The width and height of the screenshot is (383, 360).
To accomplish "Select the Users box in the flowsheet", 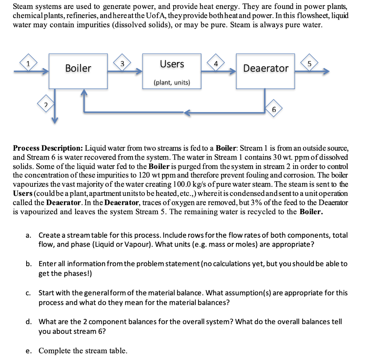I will tap(172, 71).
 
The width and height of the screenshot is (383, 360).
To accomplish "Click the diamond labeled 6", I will tap(274, 109).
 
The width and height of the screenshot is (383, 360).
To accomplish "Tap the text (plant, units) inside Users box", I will tap(172, 83).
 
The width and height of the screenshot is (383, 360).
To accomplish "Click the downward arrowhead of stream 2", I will tap(55, 120).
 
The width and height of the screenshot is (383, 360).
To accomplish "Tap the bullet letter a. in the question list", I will tap(28, 236).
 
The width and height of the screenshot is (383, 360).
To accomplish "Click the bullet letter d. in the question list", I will tap(28, 322).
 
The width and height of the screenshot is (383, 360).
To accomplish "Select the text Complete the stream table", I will tap(83, 351).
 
